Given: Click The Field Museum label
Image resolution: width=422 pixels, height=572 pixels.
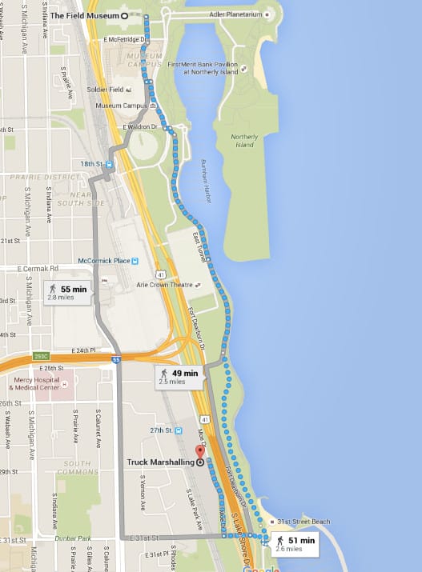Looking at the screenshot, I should tap(84, 15).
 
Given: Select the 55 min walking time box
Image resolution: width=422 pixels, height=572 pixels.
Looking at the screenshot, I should tap(68, 292).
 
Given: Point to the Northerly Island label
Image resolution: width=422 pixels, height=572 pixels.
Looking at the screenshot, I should tap(244, 140).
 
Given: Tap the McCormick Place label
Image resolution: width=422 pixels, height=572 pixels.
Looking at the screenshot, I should tap(103, 261).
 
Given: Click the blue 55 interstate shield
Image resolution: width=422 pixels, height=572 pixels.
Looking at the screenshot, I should tap(116, 361).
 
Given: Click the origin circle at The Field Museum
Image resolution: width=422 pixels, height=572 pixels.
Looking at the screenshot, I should tap(125, 15).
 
